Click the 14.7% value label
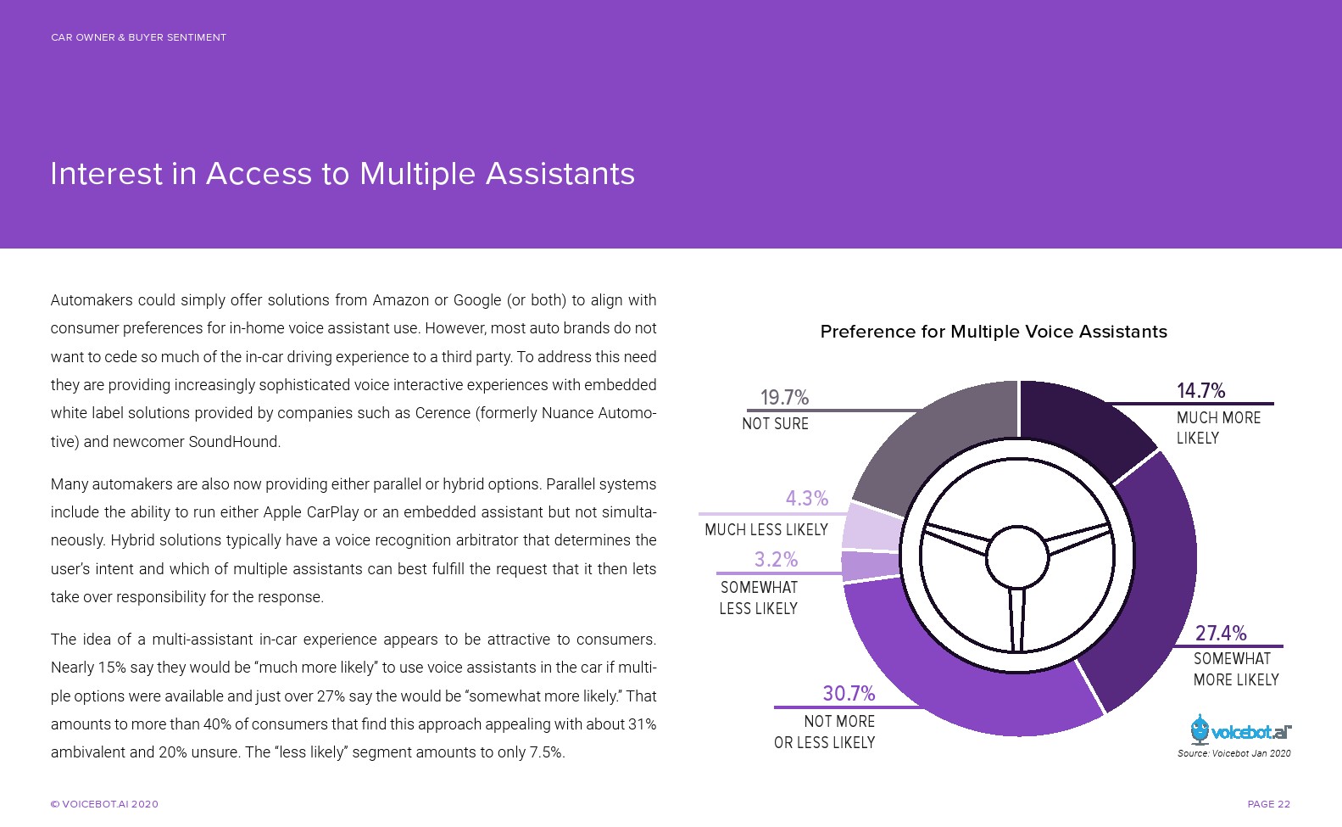click(1200, 391)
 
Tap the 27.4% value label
click(1220, 634)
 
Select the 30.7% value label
click(849, 694)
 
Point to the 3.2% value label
click(776, 560)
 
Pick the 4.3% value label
click(806, 499)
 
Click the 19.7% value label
click(784, 398)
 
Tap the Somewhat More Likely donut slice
click(1153, 594)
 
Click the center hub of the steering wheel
click(1017, 556)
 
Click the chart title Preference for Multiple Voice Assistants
click(993, 332)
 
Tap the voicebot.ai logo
click(1240, 731)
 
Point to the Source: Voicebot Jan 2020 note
click(1233, 753)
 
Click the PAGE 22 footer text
click(1268, 804)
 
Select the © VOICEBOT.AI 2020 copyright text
click(104, 804)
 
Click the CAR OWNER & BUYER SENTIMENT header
click(138, 37)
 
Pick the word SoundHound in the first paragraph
click(234, 442)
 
